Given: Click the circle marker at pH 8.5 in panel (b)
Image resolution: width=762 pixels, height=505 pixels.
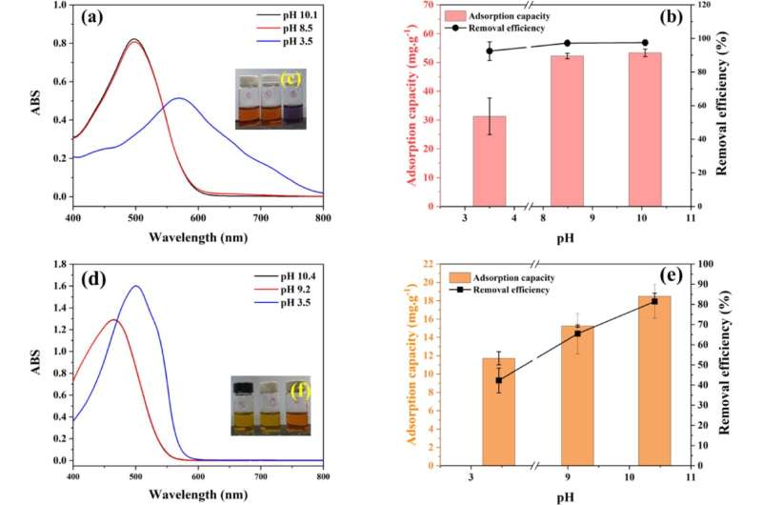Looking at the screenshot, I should click(x=568, y=43).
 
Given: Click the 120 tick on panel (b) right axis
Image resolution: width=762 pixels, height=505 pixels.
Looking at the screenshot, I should click(x=706, y=6).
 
